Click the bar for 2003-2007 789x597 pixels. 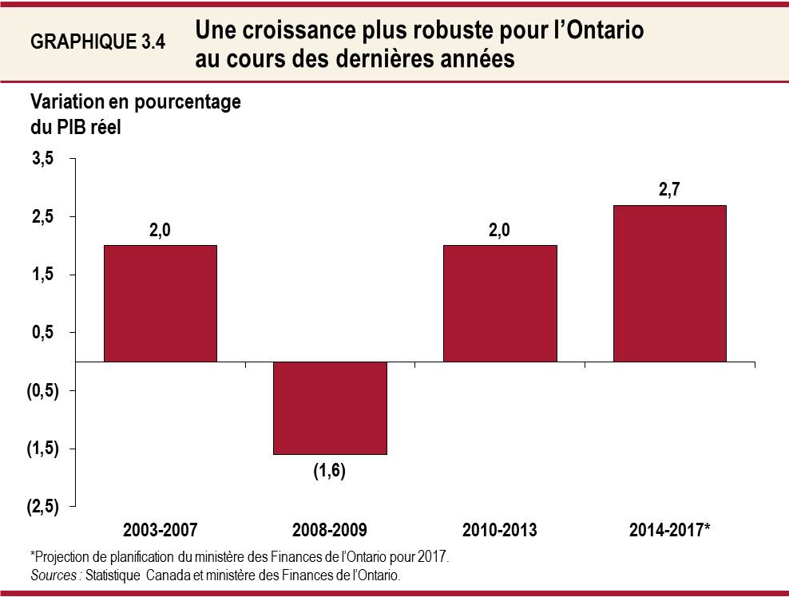click(161, 303)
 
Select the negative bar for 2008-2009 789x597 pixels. click(330, 408)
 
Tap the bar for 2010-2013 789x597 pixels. click(500, 303)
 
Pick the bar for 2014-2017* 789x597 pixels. click(669, 283)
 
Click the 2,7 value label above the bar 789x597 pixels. click(669, 192)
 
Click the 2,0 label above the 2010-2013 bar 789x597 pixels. click(500, 231)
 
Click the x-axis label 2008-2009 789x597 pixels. click(330, 530)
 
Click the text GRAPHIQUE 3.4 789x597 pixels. click(97, 43)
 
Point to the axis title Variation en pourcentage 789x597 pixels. click(135, 103)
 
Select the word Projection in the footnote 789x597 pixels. click(61, 556)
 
